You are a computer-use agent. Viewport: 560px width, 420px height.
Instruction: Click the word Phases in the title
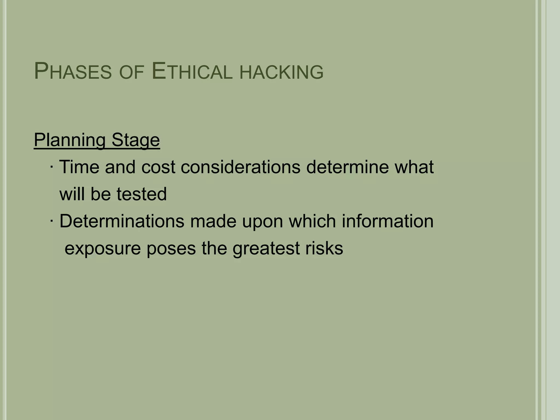73,72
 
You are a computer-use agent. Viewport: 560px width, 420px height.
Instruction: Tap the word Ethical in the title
192,72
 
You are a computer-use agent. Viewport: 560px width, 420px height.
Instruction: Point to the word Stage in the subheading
136,140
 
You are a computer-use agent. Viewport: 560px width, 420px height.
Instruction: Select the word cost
158,167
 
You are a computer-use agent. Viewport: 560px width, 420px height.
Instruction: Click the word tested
141,194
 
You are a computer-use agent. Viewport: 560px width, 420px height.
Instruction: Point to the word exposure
103,249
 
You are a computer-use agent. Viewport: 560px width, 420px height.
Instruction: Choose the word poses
171,249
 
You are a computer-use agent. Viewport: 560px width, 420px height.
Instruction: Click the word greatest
266,249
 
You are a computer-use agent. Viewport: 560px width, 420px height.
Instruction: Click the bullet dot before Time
52,167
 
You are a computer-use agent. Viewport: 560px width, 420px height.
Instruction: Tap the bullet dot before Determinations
52,221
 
